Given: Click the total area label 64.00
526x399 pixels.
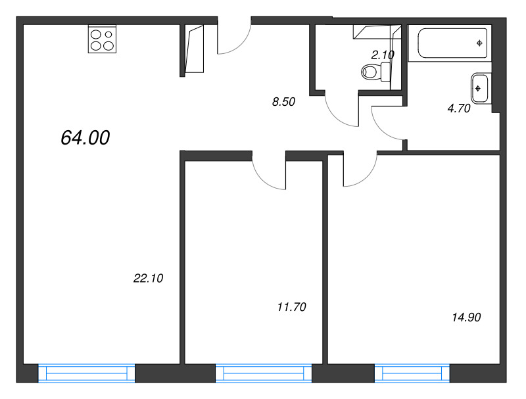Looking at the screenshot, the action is tap(85, 137).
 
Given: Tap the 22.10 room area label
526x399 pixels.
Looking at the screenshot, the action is tap(149, 278).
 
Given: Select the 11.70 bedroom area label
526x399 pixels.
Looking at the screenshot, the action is tap(292, 307).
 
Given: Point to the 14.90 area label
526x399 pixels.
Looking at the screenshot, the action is tap(466, 317).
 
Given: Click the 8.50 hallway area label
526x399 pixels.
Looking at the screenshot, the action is tap(283, 102).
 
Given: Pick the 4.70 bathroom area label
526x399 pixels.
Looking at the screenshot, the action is tap(459, 108).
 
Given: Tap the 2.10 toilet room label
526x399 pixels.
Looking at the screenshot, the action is tap(383, 55).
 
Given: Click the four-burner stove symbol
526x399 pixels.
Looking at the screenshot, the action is tap(103, 39).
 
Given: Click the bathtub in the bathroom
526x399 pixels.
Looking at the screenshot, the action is tap(452, 43).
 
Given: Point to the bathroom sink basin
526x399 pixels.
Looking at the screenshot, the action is tap(479, 89).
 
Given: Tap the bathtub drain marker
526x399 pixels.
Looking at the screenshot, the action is tap(479, 43).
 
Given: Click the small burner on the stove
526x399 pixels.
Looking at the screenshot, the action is tap(108, 34).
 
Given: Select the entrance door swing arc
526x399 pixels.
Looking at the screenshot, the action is tap(241, 44).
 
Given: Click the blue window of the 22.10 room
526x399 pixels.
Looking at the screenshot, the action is tap(87, 373).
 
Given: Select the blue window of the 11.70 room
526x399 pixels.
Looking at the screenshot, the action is tap(264, 373).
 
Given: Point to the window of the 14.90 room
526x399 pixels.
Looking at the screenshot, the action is tap(412, 373).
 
